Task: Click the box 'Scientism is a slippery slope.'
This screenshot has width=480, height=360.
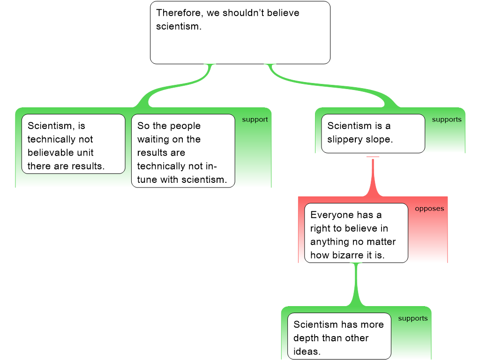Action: (373, 133)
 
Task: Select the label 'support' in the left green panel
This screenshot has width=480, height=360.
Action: (255, 120)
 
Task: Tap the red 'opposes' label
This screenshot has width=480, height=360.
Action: (429, 209)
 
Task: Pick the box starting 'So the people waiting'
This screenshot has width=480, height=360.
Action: (183, 151)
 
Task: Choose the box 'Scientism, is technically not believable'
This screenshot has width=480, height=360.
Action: (73, 144)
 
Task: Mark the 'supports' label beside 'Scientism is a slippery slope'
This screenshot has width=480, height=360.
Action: (446, 120)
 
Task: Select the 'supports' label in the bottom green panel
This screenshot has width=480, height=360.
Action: (412, 318)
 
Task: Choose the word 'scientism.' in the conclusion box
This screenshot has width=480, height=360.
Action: (179, 27)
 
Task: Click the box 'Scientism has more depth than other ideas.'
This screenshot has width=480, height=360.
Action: (339, 336)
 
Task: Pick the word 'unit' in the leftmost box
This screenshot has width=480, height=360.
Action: (85, 152)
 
